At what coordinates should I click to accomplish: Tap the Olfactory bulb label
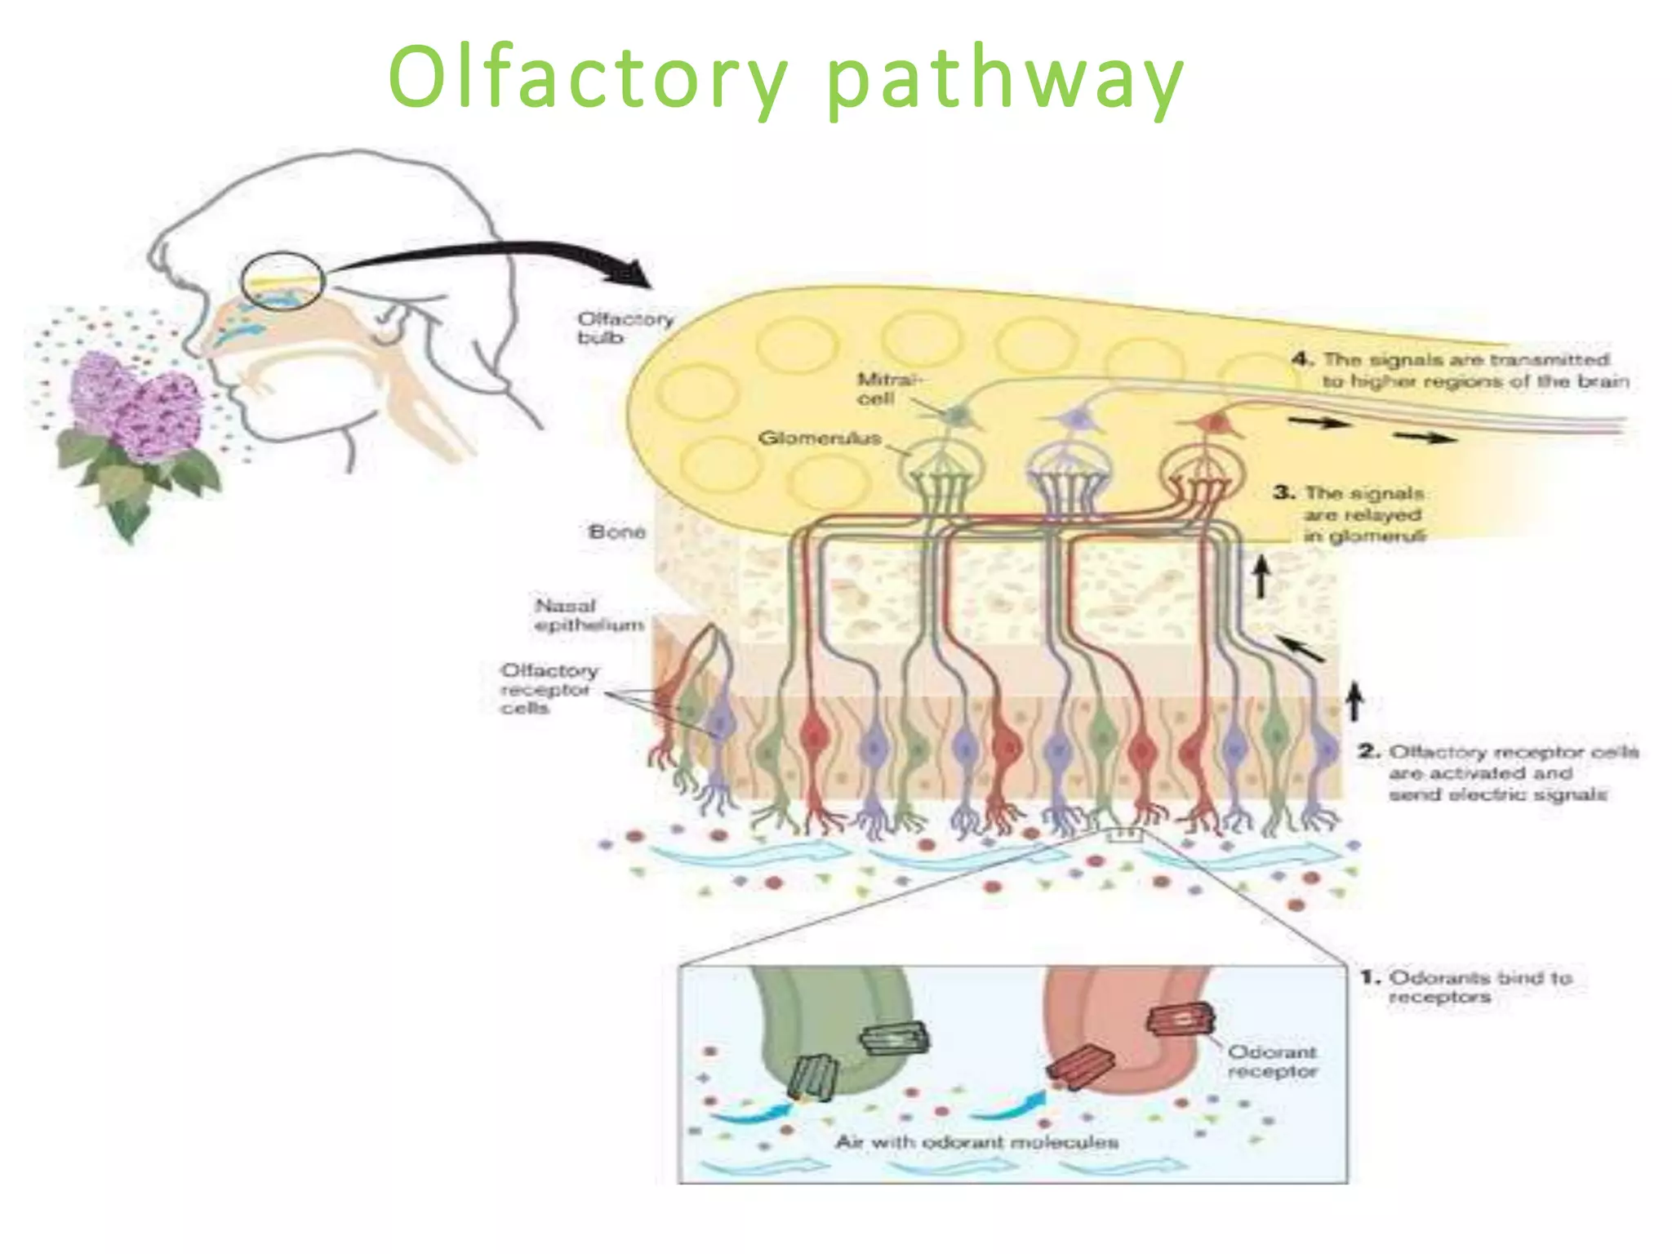click(625, 327)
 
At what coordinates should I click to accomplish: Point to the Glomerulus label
click(819, 438)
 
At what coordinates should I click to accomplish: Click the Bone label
click(616, 532)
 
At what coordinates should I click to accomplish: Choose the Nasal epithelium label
click(589, 616)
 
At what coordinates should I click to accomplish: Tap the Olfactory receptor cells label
click(548, 689)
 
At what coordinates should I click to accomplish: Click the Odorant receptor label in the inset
click(1272, 1061)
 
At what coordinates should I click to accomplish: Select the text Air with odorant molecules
click(976, 1141)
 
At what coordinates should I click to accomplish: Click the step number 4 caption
click(1461, 371)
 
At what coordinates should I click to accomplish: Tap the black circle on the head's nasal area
click(282, 280)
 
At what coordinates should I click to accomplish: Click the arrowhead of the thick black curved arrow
click(633, 276)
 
